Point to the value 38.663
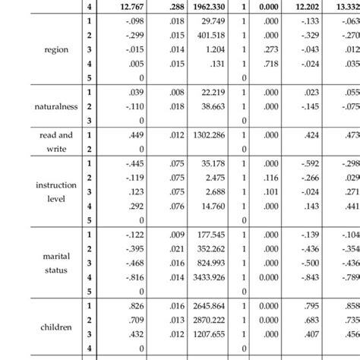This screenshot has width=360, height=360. point(213,109)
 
